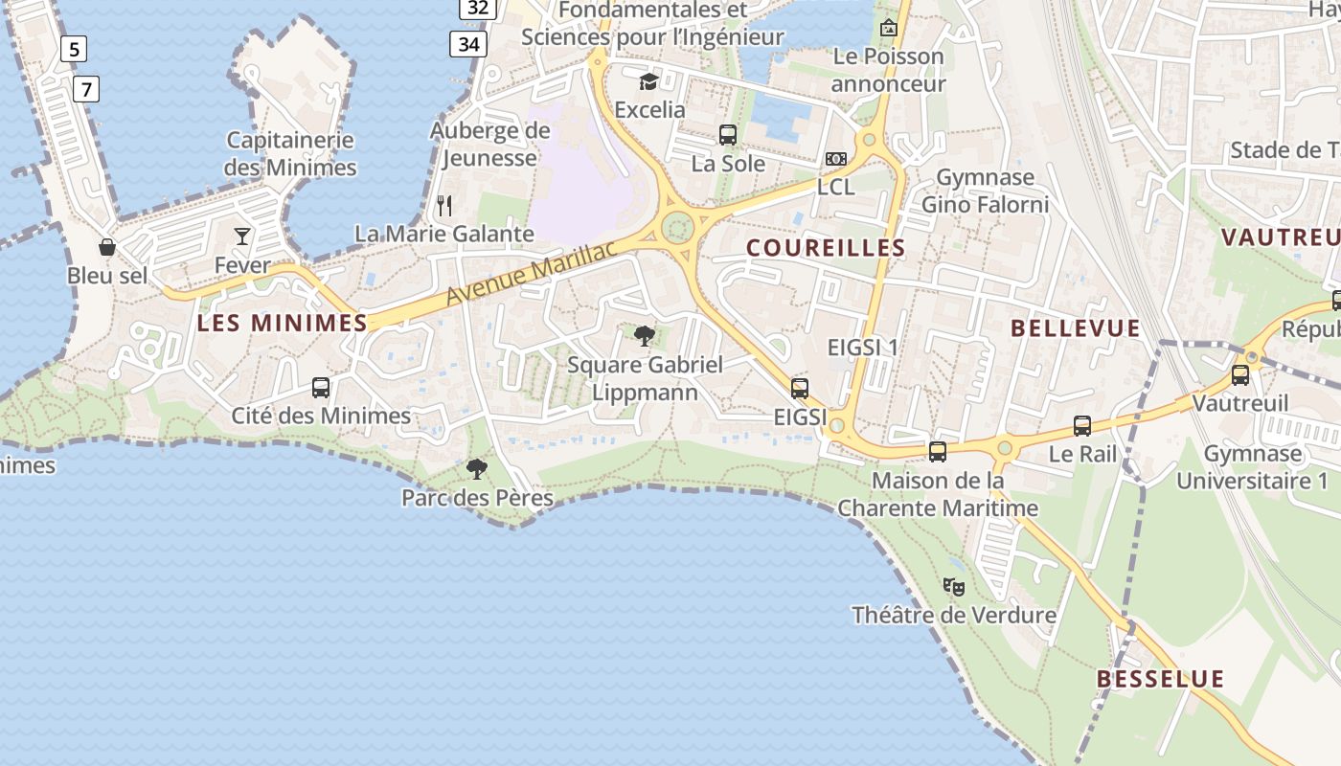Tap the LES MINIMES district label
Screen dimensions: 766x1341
click(x=282, y=324)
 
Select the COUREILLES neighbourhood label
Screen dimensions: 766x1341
click(x=826, y=248)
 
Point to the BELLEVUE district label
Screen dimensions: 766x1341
click(x=1076, y=328)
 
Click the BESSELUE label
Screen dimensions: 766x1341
click(x=1160, y=679)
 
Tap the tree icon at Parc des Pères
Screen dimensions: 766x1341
click(x=476, y=469)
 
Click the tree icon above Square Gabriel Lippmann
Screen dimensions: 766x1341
click(x=645, y=335)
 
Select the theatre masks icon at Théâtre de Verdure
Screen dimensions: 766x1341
click(x=953, y=586)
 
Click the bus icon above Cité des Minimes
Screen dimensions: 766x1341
click(x=321, y=388)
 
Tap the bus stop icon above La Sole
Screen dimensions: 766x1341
click(x=728, y=135)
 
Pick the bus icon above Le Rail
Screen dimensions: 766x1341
click(x=1082, y=426)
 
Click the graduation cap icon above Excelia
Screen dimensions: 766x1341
click(x=649, y=80)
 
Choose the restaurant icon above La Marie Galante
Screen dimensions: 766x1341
click(x=444, y=205)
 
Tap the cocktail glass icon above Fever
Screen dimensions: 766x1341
click(x=242, y=236)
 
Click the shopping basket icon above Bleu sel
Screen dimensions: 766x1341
click(x=107, y=247)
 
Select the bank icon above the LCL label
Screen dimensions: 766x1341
click(x=835, y=159)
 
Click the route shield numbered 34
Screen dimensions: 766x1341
click(x=468, y=44)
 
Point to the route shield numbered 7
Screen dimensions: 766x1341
click(x=86, y=90)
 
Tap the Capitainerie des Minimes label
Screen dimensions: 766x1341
click(x=290, y=154)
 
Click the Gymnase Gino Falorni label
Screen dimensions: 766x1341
click(x=985, y=191)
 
